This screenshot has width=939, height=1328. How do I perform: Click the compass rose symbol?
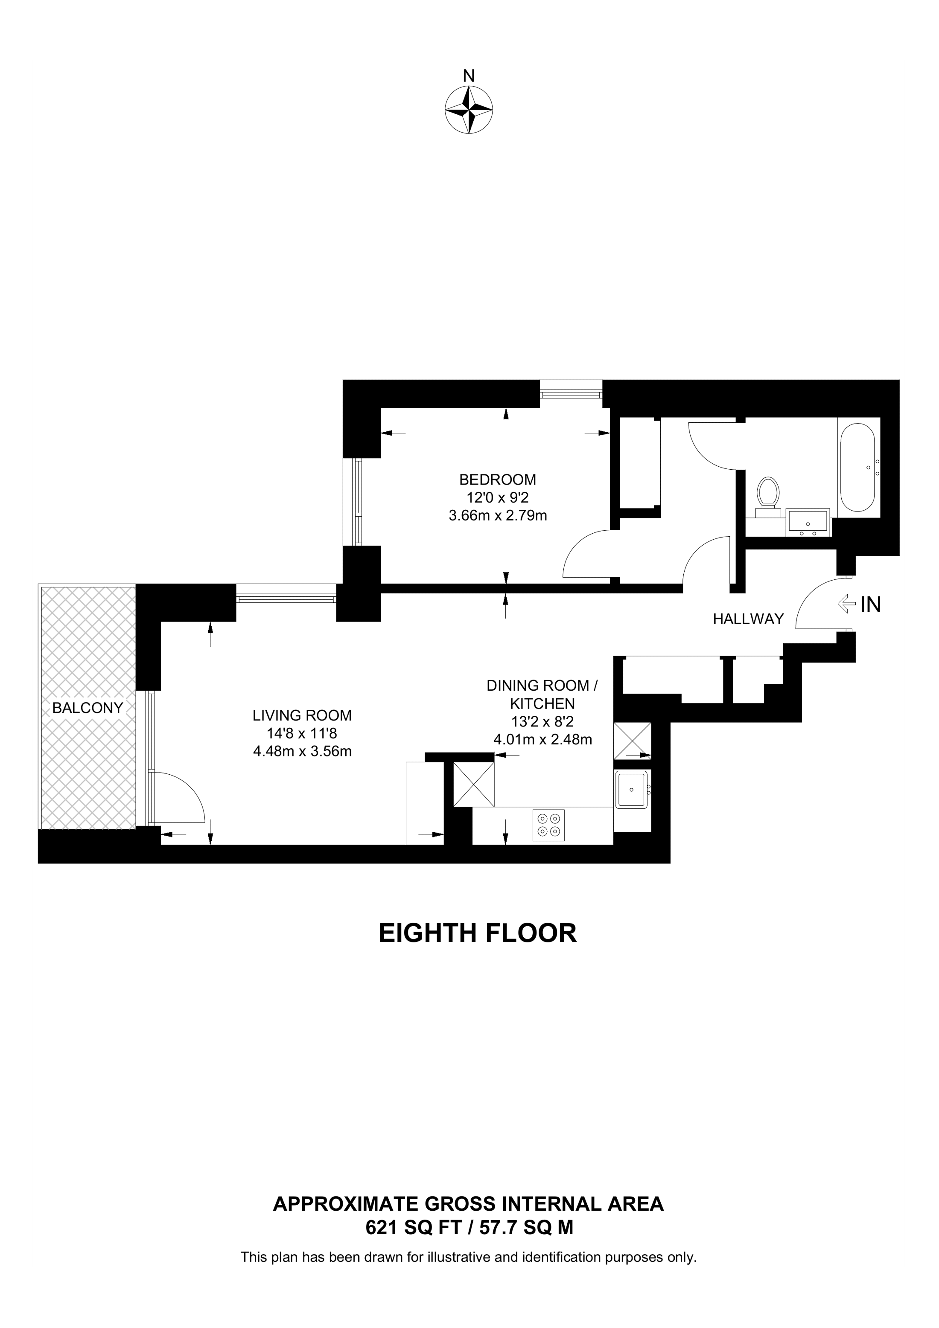[469, 110]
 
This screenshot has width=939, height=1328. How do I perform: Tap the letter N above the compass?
[469, 76]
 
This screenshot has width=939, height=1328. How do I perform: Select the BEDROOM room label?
[498, 479]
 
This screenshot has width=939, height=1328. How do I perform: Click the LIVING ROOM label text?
[302, 715]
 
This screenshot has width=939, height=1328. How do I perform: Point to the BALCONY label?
[87, 707]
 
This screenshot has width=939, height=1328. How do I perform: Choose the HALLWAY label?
[748, 619]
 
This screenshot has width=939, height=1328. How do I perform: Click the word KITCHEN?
[542, 703]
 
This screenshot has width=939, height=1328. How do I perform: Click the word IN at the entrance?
[871, 604]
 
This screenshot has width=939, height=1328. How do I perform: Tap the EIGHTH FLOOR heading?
[478, 933]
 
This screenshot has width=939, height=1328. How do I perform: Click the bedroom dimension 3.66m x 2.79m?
[498, 515]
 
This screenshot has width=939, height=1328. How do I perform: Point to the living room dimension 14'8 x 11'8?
[302, 733]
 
